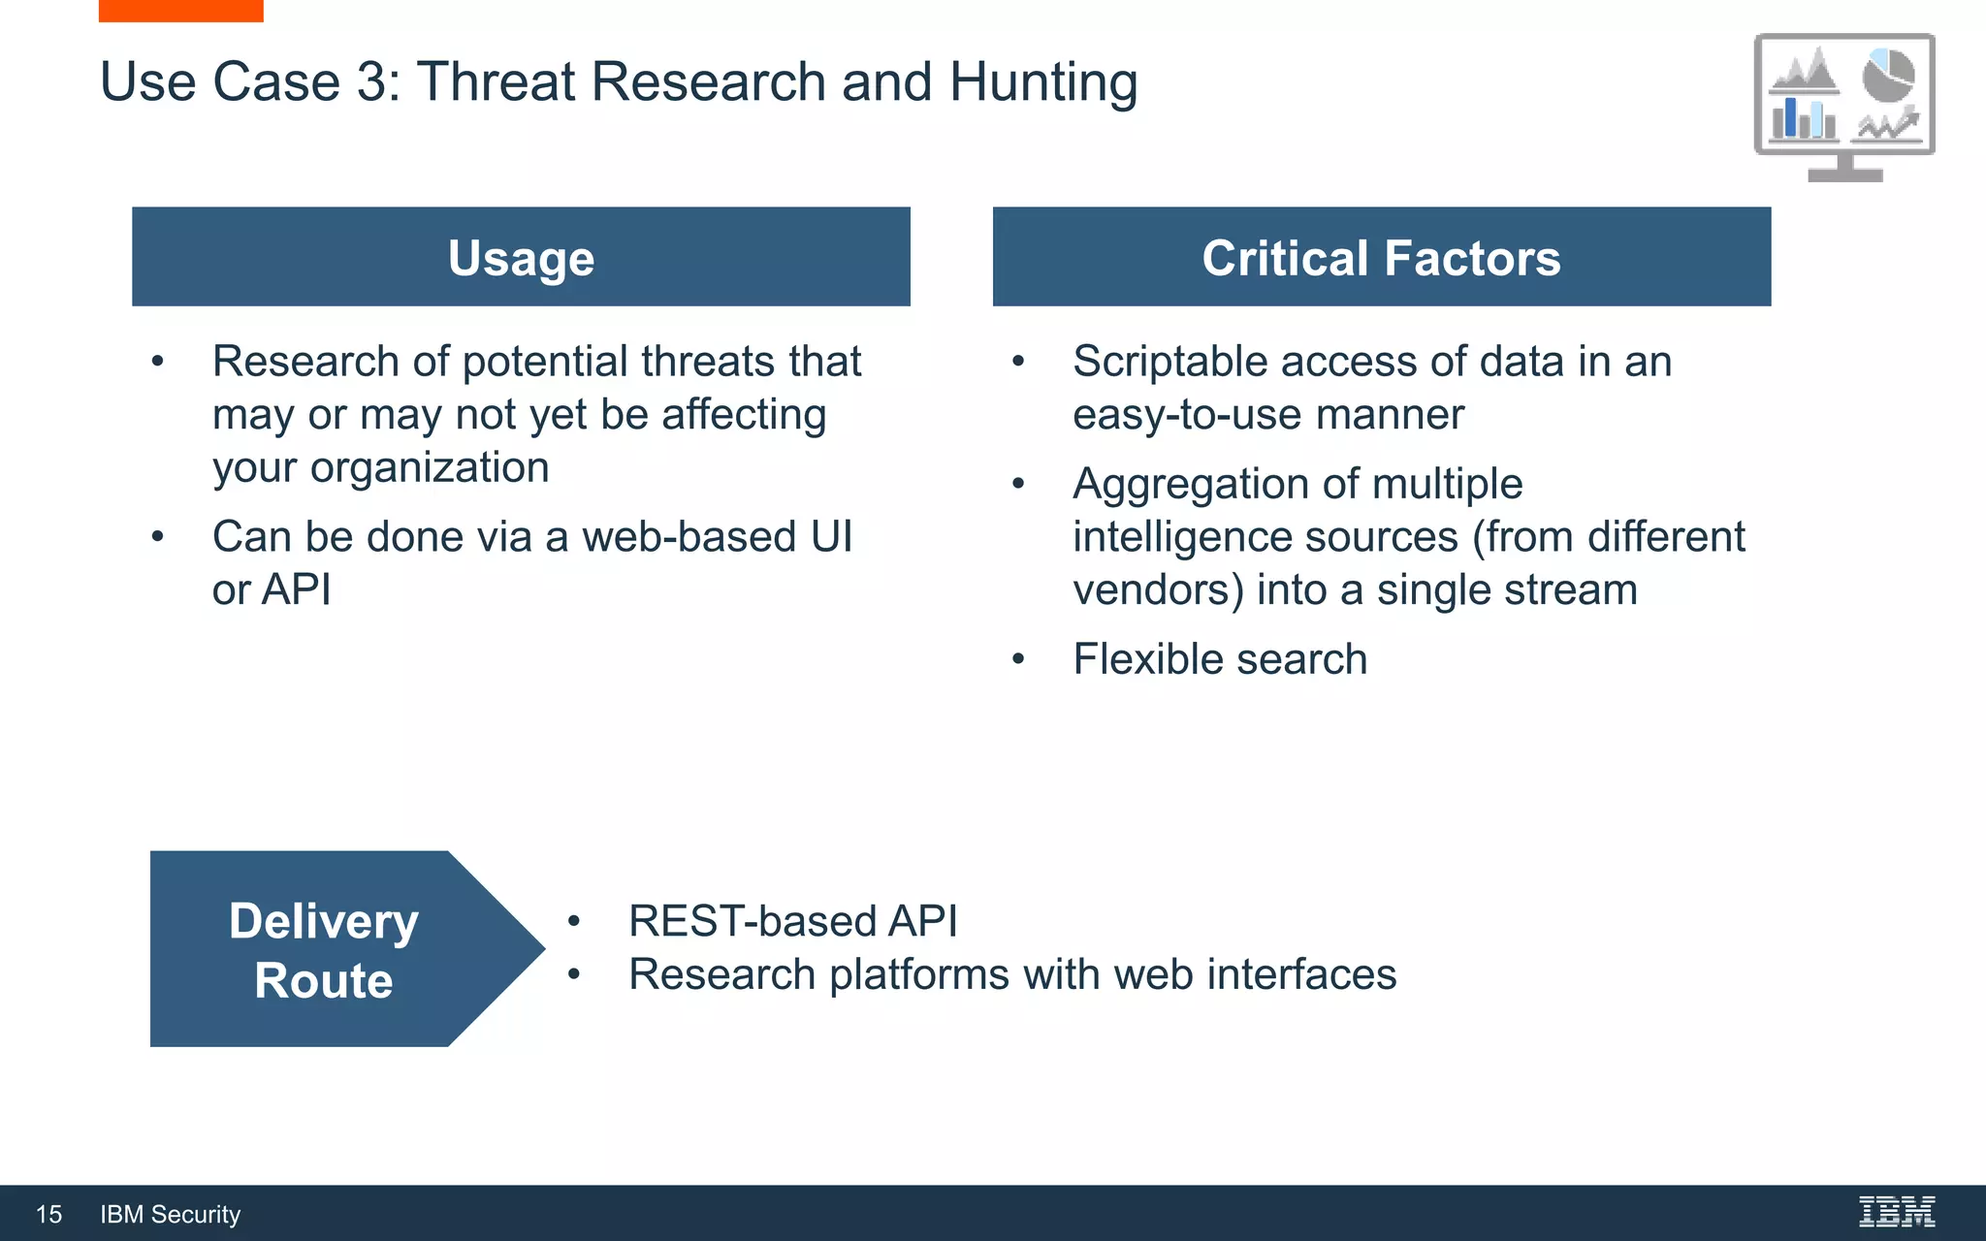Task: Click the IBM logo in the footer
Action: (x=1896, y=1212)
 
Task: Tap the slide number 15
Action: (x=48, y=1214)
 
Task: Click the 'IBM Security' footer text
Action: (x=170, y=1214)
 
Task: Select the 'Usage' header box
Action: (x=521, y=257)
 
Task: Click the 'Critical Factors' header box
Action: (x=1381, y=257)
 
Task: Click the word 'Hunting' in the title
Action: (x=1043, y=81)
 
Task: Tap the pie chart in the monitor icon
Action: (x=1887, y=76)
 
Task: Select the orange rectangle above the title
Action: (x=180, y=11)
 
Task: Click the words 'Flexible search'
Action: (x=1220, y=659)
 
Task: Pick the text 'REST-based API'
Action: (x=792, y=921)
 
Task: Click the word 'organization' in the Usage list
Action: (x=429, y=468)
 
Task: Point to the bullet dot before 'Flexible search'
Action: (x=1017, y=660)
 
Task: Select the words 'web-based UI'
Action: (x=717, y=537)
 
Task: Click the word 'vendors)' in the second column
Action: (x=1158, y=590)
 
